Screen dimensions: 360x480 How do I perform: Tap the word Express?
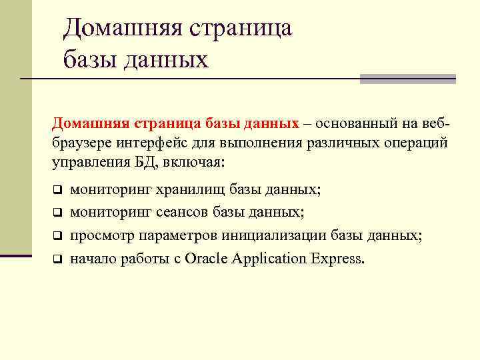336,259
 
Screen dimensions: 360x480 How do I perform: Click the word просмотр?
101,236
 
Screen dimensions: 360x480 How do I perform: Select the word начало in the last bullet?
93,259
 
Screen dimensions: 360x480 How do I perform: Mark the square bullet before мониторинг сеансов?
57,213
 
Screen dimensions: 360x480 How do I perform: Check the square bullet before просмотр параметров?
57,236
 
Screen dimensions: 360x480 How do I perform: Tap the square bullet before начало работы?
57,259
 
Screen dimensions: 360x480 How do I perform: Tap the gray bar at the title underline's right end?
407,79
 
